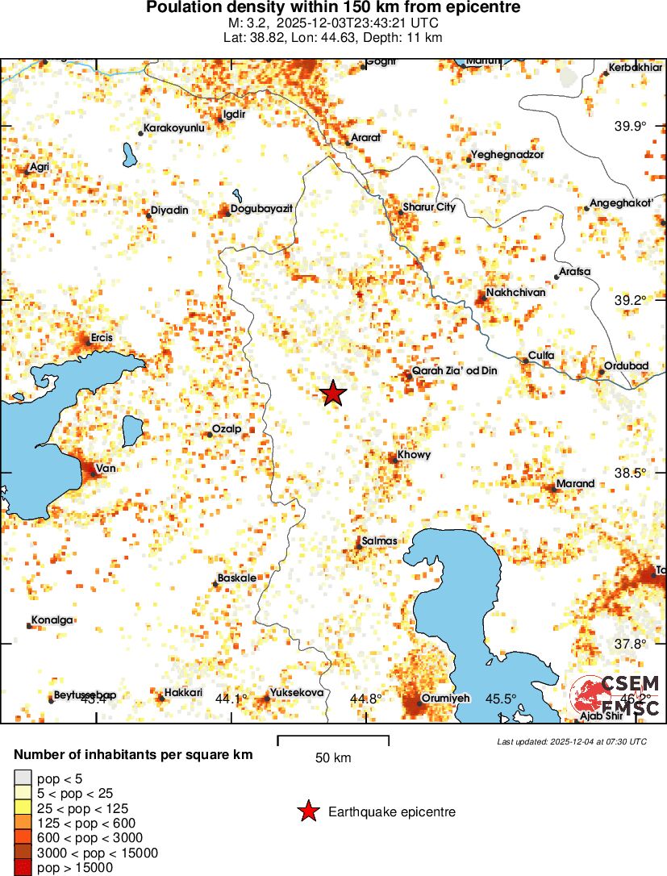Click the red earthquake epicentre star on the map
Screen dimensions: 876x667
(332, 393)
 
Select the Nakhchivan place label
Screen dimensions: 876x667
(515, 292)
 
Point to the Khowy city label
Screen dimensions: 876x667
(414, 455)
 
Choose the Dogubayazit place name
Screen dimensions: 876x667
(261, 209)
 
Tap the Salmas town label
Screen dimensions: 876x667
(379, 540)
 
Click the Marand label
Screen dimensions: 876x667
(575, 484)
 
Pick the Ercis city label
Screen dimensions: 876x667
(102, 337)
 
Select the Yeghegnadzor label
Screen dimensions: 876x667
(507, 154)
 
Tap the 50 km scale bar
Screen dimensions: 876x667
(333, 740)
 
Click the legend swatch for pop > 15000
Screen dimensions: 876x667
(23, 868)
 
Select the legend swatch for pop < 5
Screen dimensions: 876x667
(23, 778)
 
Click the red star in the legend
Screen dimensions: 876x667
(307, 812)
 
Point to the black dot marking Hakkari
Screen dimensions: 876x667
(160, 697)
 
